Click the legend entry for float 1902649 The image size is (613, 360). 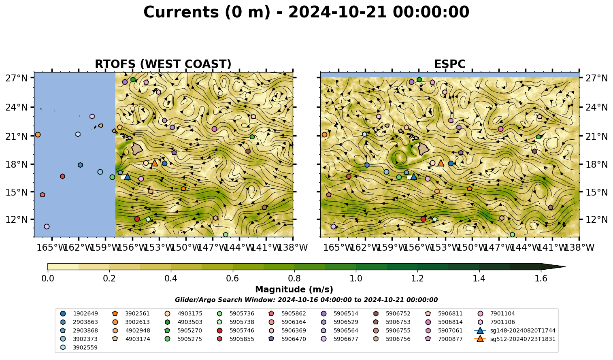pos(80,314)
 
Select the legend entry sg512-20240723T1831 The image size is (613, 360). pos(515,339)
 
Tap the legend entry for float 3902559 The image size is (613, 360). pos(80,348)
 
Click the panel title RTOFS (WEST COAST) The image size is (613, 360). pos(163,64)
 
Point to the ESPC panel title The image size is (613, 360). pos(450,64)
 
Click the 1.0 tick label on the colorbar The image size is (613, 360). pos(356,279)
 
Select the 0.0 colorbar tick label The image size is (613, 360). pos(48,279)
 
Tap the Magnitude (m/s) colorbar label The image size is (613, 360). pos(294,290)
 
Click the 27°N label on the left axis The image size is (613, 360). pos(17,78)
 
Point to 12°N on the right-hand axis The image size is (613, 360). pos(596,219)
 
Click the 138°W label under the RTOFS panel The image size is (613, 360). pos(293,247)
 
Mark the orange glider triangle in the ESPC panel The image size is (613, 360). pos(441,163)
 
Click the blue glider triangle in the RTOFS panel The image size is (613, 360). pos(127,177)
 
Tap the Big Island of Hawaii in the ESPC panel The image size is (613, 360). pos(424,149)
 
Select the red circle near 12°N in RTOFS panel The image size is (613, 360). pos(137,219)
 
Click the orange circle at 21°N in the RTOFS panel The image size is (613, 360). pos(38,135)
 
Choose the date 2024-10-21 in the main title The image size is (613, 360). pos(337,12)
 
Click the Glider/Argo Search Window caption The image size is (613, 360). pos(306,300)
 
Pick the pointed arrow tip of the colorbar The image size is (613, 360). pos(565,266)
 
